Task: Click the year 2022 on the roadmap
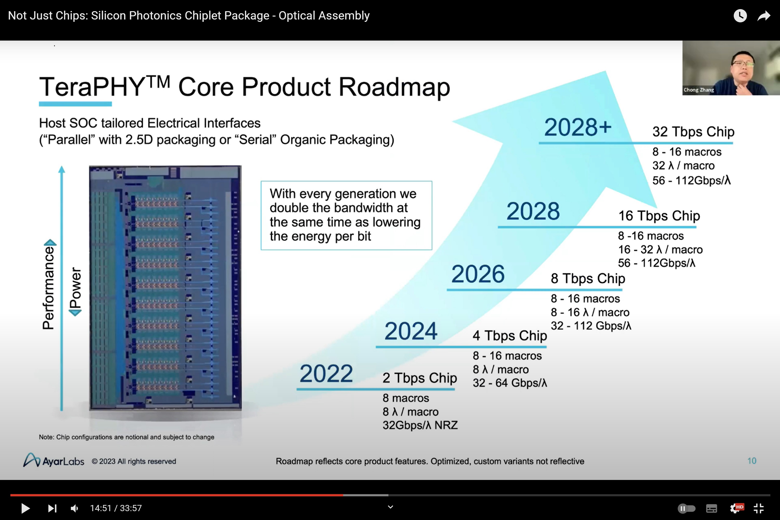click(326, 374)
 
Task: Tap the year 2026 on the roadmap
click(478, 274)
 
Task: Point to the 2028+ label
click(578, 127)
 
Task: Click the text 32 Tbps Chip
click(693, 132)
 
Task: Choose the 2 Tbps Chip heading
click(420, 378)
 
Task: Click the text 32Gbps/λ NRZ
click(420, 425)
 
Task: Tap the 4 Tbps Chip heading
click(510, 336)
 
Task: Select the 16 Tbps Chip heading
click(659, 216)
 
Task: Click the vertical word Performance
click(48, 287)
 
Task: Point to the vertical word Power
click(75, 288)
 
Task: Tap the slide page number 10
click(751, 461)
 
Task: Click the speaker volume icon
click(74, 508)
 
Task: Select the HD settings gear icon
click(736, 508)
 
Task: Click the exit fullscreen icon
click(758, 508)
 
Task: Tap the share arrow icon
click(764, 16)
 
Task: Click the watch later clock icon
click(740, 16)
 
